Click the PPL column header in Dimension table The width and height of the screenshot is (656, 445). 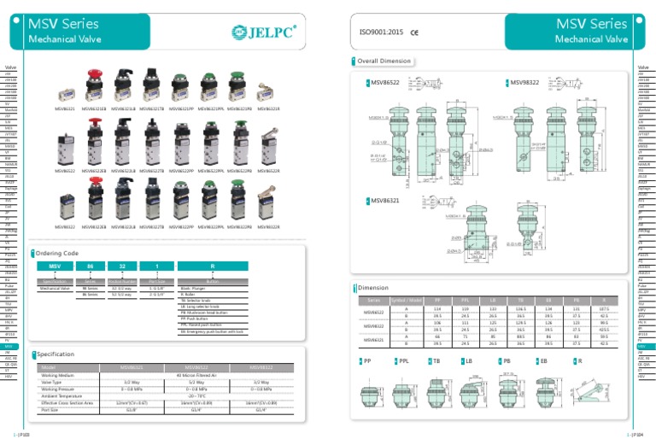click(x=466, y=301)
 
